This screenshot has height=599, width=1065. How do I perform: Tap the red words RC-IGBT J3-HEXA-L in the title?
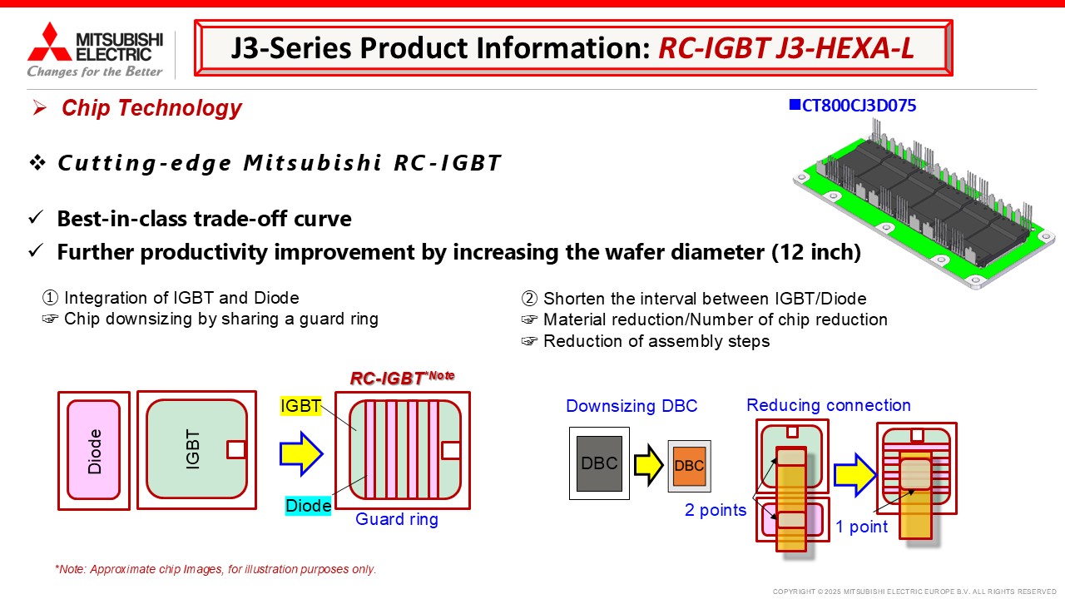coord(786,48)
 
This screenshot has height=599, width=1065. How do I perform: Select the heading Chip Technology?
coord(151,108)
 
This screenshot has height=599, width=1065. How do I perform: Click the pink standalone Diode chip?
coord(94,450)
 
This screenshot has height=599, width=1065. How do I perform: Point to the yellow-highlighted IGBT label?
coord(300,406)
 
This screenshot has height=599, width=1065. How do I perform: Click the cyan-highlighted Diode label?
coord(308,505)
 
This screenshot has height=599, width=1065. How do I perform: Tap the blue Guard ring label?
coord(397,519)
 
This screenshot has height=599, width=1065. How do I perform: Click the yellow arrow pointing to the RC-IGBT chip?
coord(301,453)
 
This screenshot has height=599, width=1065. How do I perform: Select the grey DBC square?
coord(599,463)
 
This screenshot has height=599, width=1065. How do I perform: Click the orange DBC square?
coord(690,466)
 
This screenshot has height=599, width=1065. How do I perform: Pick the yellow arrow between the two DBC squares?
coord(648,465)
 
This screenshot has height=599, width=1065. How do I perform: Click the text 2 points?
coord(716,510)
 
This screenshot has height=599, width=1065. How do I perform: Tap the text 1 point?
coord(861,527)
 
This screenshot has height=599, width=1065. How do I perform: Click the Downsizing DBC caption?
coord(632,406)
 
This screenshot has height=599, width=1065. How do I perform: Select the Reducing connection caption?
coord(828,405)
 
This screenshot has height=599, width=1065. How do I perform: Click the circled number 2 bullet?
coord(529,299)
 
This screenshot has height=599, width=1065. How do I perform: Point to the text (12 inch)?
coord(816,252)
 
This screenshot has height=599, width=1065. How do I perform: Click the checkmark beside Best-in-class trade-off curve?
coord(36,217)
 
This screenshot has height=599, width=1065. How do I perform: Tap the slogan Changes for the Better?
coord(95,72)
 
